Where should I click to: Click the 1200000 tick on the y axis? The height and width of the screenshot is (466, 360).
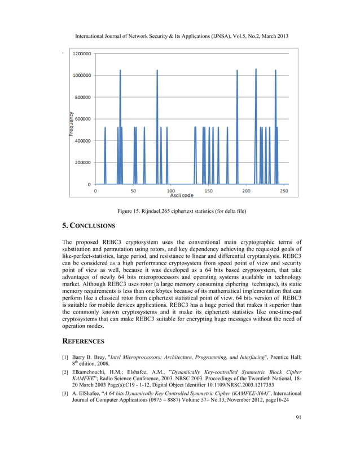pos(83,53)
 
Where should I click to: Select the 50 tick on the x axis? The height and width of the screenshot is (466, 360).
pos(133,191)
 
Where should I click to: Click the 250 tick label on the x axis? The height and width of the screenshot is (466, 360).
pos(284,191)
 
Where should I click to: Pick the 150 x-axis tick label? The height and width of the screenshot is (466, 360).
pos(209,191)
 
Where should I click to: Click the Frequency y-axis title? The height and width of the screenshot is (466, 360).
pos(72,124)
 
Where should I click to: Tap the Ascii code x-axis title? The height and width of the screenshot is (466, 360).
pos(182,196)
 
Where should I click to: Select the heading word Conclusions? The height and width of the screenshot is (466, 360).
pos(93,226)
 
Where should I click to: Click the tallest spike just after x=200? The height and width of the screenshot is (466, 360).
pos(256,71)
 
